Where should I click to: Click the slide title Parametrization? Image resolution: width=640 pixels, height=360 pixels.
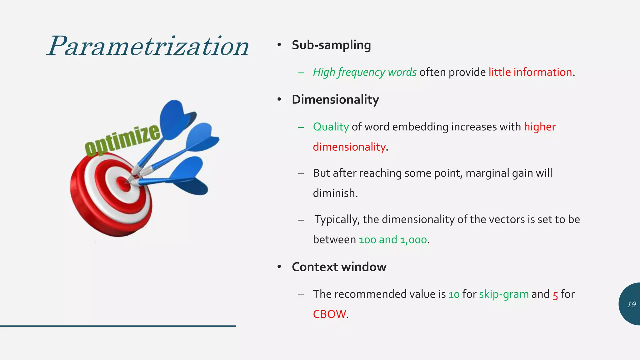click(148, 46)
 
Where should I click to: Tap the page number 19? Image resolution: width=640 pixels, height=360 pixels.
click(631, 304)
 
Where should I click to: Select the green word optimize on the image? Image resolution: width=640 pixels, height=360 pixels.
click(122, 139)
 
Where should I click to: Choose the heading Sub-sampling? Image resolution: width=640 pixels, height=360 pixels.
click(331, 45)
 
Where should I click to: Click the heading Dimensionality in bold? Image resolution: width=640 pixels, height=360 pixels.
click(335, 100)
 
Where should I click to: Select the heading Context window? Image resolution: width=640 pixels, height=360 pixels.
click(339, 267)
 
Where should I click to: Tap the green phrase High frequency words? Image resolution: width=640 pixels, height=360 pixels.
click(365, 72)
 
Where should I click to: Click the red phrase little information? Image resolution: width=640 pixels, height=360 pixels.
click(530, 72)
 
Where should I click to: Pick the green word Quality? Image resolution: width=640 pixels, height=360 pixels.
click(331, 127)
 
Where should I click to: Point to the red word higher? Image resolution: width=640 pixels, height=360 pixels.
click(540, 127)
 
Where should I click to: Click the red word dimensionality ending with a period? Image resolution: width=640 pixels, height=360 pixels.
click(349, 147)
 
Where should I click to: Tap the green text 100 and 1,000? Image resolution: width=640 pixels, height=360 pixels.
click(393, 240)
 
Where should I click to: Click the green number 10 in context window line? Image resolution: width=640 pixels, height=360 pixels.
click(454, 294)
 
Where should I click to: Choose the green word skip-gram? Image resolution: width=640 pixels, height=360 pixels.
click(504, 294)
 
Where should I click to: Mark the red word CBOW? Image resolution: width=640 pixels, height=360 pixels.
click(329, 314)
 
